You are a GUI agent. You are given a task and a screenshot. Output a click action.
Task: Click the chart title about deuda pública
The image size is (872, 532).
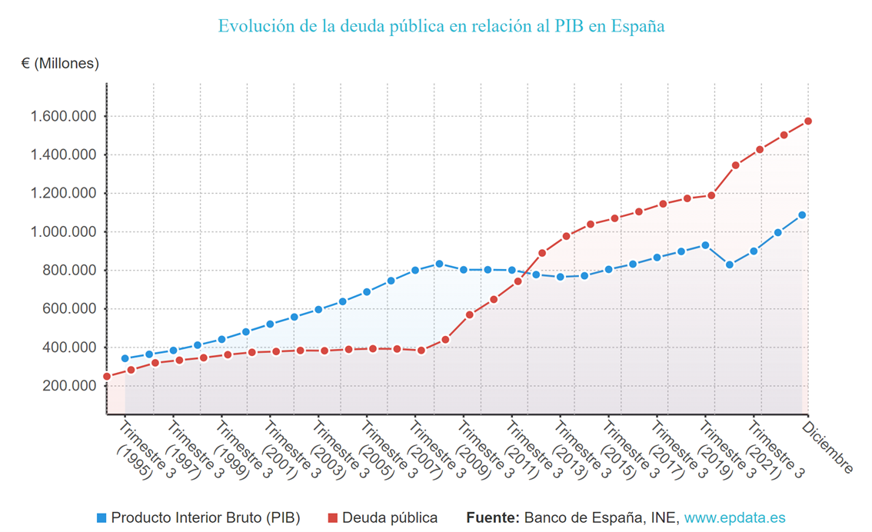[x=441, y=26]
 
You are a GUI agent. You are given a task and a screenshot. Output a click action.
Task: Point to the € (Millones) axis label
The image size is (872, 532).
[x=61, y=63]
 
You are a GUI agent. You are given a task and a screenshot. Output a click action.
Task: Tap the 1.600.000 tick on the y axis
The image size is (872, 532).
[x=63, y=117]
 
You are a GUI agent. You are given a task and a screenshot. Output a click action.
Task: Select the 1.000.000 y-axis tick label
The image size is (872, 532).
[x=63, y=232]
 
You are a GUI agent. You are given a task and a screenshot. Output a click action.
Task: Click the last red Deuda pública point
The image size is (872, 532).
[x=808, y=121]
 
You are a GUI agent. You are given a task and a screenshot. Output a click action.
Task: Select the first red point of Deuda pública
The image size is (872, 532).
[x=107, y=377]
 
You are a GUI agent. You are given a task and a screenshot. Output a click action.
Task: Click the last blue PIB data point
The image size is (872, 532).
[x=802, y=215]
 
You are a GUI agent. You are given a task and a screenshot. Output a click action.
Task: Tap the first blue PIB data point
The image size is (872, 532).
[x=125, y=358]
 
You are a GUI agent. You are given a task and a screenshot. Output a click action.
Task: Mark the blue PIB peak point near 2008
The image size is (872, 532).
[x=439, y=264]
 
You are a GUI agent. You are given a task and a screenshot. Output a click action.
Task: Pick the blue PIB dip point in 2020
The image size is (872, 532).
[x=730, y=265]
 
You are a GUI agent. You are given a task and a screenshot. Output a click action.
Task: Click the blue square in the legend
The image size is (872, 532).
[x=102, y=518]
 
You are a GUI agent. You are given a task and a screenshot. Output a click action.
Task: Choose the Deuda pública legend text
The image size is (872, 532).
[x=390, y=518]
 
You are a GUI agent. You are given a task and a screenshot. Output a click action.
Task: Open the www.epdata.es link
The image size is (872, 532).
[x=734, y=518]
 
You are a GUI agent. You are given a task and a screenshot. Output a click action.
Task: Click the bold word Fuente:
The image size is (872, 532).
[x=493, y=518]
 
